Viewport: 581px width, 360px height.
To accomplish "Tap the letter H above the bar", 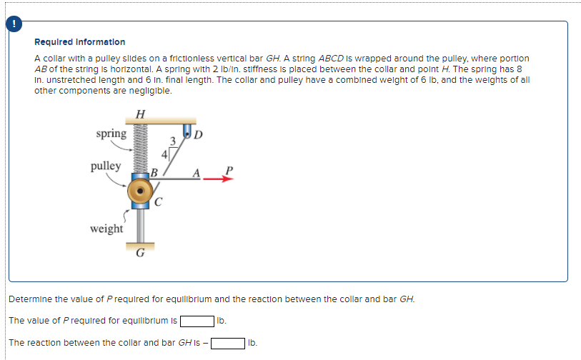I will point(140,114).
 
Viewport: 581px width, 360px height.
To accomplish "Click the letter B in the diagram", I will point(154,172).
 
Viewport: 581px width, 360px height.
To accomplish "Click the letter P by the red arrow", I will point(229,170).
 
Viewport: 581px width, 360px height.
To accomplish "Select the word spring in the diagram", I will point(111,134).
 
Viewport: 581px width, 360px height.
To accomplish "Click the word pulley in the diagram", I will point(106,166).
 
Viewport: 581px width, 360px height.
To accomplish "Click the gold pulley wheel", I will point(140,192).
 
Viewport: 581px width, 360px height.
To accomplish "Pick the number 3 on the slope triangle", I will point(172,140).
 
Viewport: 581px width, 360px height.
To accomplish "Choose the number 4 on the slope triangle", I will point(164,153).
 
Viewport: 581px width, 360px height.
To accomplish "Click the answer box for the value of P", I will point(197,320).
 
